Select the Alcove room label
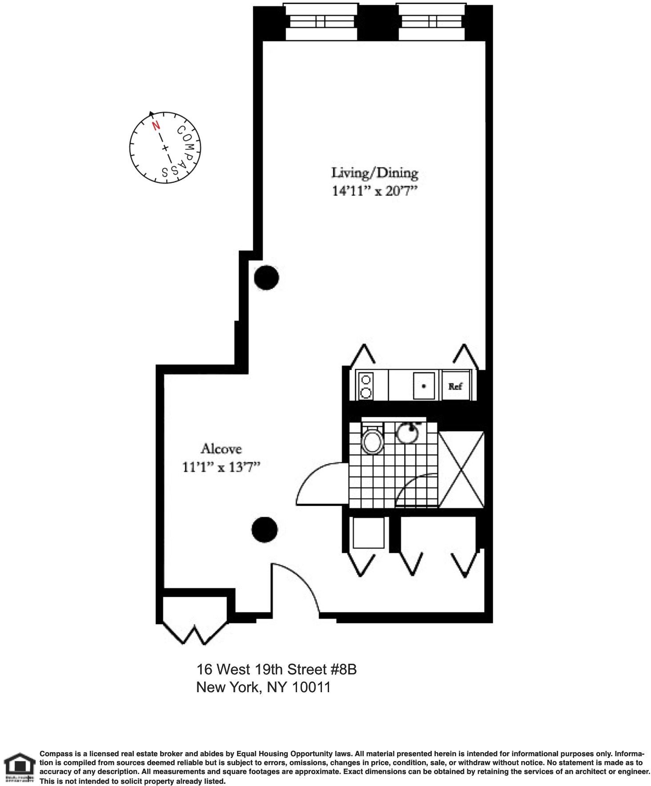pos(221,449)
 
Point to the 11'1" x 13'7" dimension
pos(221,467)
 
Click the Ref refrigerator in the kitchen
pos(455,385)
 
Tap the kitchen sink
pos(424,386)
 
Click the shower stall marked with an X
pos(461,469)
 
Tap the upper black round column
pos(266,277)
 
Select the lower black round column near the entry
pos(265,529)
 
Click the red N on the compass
pos(156,126)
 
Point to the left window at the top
pos(321,21)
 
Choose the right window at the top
pos(431,21)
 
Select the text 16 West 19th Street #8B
pos(277,670)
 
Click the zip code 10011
pos(311,688)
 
